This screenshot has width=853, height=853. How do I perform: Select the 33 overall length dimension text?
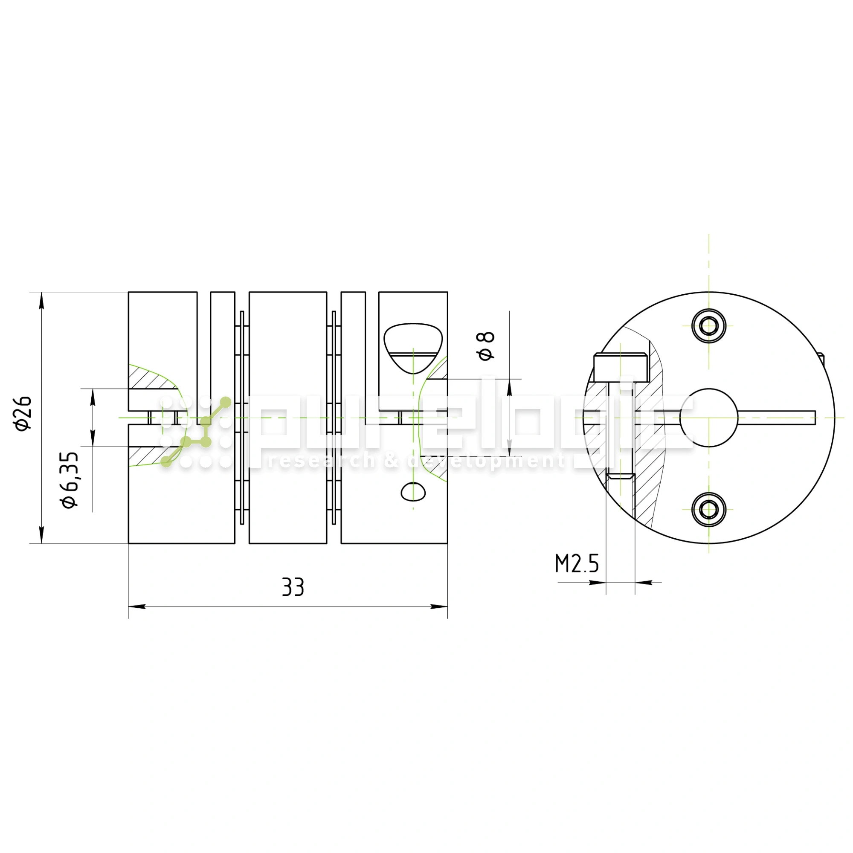tap(293, 587)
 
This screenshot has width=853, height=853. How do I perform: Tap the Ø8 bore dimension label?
tap(486, 346)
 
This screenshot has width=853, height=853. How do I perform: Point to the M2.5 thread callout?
tap(577, 564)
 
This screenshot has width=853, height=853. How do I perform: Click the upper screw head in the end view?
tap(708, 326)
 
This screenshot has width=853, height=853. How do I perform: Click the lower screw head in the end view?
tap(708, 510)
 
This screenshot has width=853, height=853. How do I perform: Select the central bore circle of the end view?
tap(708, 418)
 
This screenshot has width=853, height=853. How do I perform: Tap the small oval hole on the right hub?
tap(413, 492)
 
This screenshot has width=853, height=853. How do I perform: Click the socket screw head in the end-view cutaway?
tap(620, 367)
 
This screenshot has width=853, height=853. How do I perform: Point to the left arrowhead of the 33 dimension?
tap(137, 606)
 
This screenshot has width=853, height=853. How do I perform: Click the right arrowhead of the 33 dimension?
tap(439, 606)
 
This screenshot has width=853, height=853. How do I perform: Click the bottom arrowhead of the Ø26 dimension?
tap(41, 534)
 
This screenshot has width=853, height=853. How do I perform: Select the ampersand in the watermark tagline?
tap(391, 461)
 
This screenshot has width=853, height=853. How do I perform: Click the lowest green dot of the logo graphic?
tap(166, 462)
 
